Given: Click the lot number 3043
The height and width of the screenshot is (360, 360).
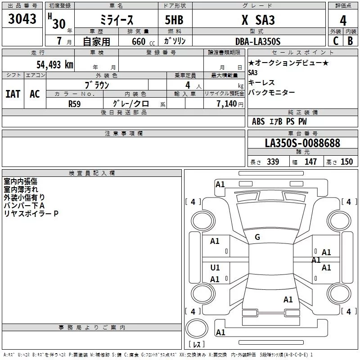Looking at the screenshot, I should (x=22, y=19).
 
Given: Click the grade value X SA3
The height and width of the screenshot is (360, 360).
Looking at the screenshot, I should (x=258, y=20).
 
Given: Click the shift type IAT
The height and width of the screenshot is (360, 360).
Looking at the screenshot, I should (x=13, y=94).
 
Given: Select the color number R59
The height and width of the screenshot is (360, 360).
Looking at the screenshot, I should (x=74, y=103).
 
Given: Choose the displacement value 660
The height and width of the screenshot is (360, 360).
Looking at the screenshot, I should (x=138, y=41).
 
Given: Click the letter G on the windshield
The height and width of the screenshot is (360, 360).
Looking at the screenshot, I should (x=257, y=237).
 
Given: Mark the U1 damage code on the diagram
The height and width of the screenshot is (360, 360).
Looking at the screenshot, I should (x=215, y=268).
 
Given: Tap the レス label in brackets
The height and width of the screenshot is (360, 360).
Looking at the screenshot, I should (x=197, y=345).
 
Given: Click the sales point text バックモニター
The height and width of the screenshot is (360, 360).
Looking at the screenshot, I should (x=272, y=93).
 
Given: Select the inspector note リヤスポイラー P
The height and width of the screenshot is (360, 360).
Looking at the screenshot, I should (x=31, y=213).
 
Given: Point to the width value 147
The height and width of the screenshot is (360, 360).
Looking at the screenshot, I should (x=310, y=162).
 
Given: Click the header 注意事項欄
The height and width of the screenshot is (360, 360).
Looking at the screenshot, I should (x=123, y=134).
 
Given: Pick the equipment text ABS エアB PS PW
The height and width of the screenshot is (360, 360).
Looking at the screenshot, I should (x=279, y=121).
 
